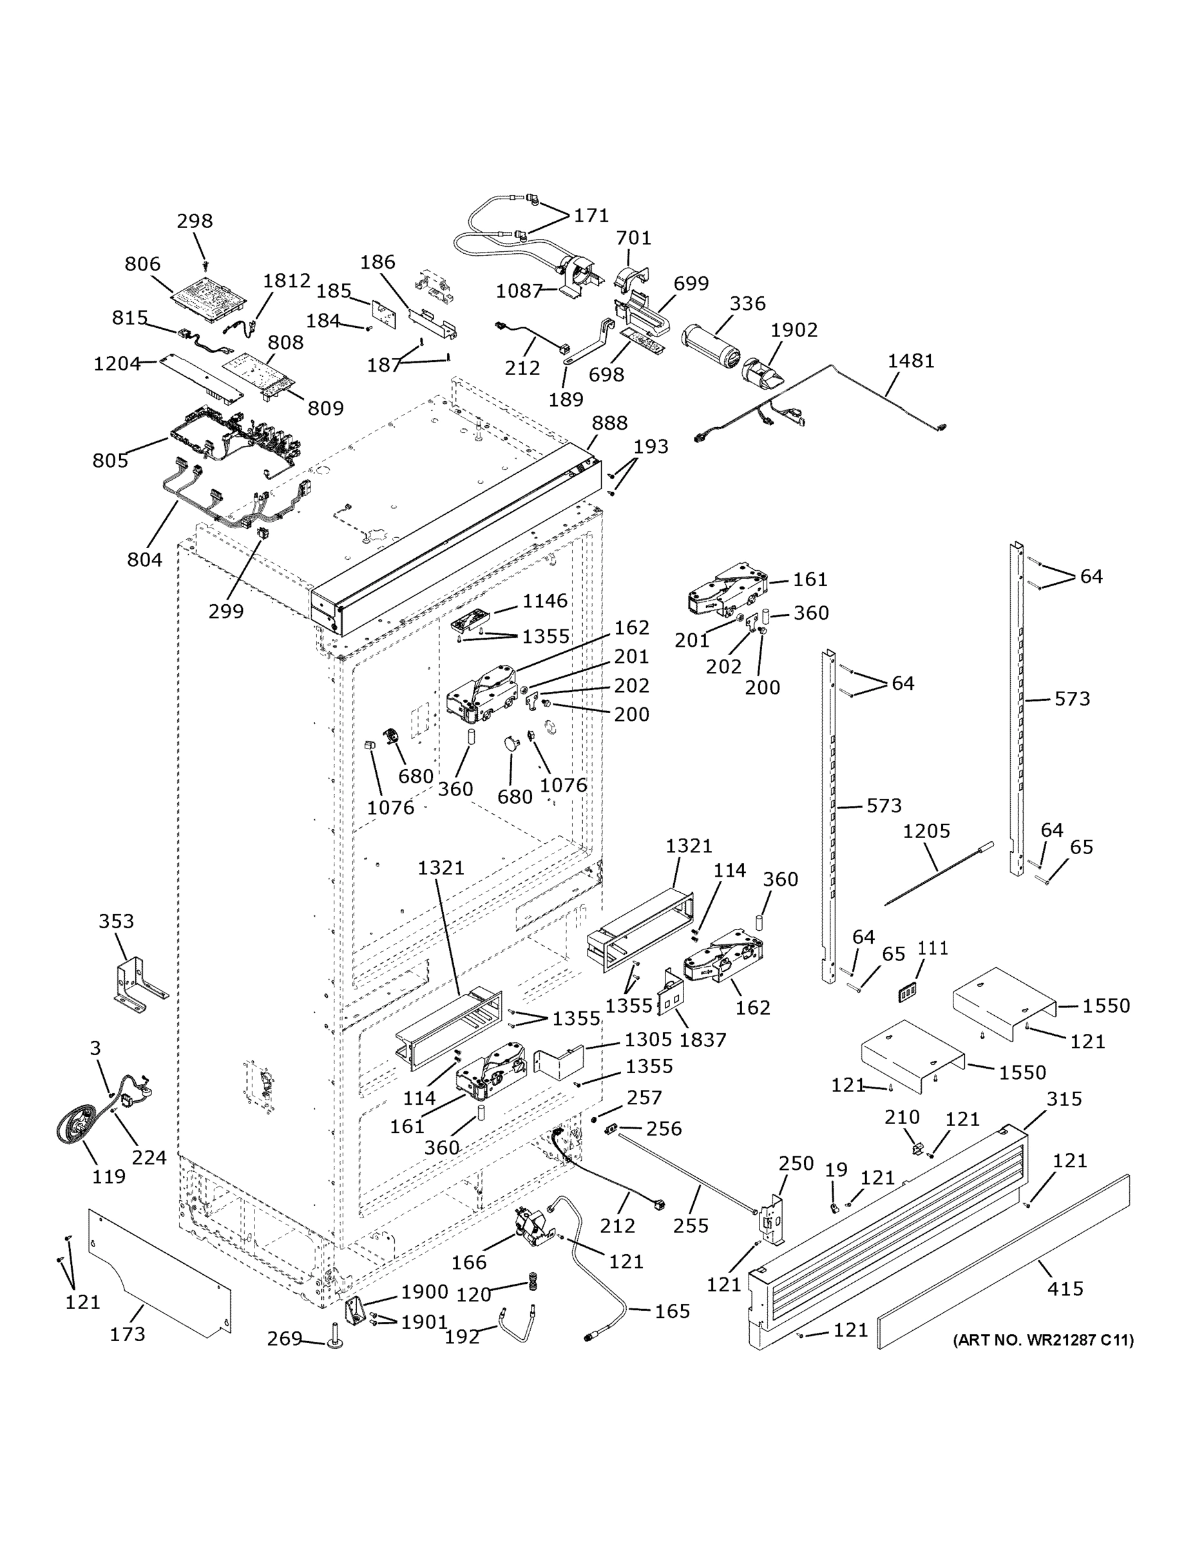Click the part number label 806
tap(142, 264)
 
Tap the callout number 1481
tap(911, 361)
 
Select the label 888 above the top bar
tap(609, 423)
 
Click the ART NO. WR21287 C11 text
tap(1043, 1340)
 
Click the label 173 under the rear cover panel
tap(128, 1334)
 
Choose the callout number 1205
tap(926, 831)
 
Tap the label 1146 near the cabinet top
tap(544, 601)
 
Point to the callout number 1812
tap(287, 281)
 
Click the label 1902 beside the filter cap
tap(794, 330)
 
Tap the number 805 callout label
tap(110, 461)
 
